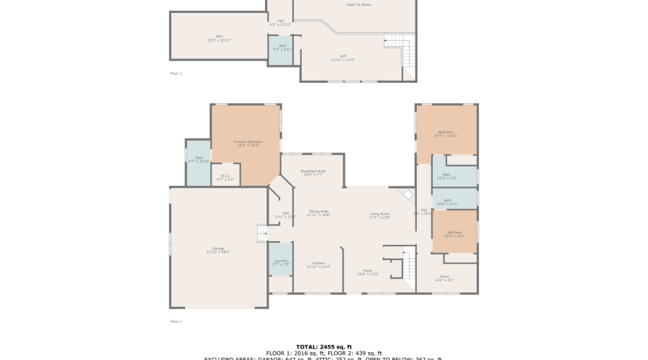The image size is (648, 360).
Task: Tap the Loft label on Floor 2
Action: point(343,58)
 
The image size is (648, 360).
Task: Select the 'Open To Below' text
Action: point(359,5)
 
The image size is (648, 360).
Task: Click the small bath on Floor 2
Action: point(281,49)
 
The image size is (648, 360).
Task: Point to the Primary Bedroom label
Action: point(248,143)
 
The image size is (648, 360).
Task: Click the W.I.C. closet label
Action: point(225,177)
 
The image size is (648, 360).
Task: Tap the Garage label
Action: point(218,250)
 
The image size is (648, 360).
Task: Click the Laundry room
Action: point(281,264)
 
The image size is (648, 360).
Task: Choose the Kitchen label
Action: point(318,264)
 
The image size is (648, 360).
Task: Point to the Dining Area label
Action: point(318,212)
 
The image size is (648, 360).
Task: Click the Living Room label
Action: point(379,215)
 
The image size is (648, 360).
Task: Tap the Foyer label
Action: point(368,272)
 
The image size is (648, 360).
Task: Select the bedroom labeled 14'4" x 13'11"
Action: point(446,134)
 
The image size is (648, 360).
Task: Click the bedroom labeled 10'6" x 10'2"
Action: point(454,233)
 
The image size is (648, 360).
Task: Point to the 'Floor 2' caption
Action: point(176,73)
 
